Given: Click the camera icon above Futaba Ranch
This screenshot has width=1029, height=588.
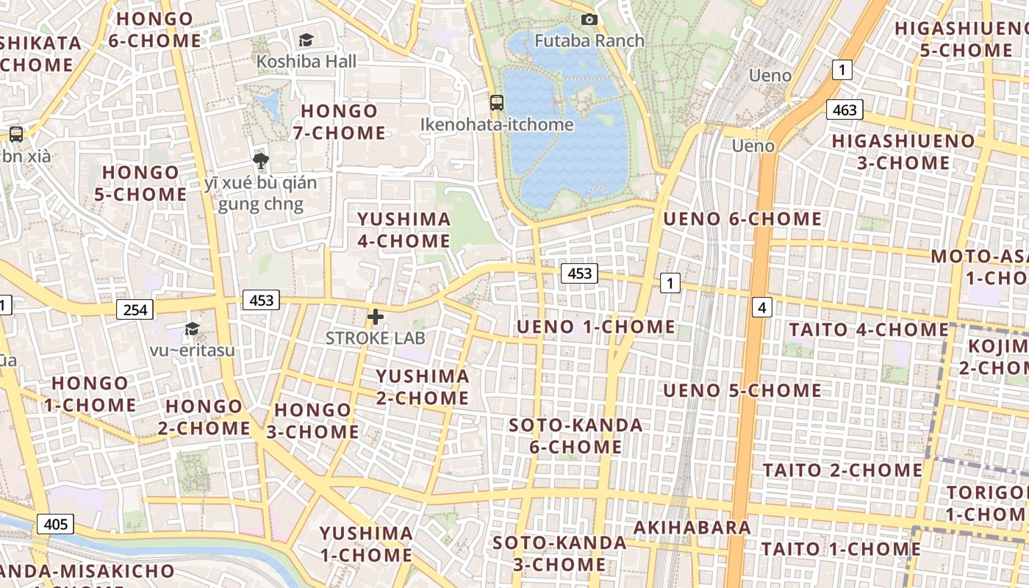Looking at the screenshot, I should tap(589, 20).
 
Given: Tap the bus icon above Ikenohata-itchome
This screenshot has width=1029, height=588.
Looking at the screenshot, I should tap(497, 102).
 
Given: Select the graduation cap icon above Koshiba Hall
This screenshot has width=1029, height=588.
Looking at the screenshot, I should tap(306, 40).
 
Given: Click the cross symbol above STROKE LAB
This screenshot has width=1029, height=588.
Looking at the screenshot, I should tap(376, 317).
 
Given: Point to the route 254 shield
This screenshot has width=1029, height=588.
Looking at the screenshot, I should tap(135, 309).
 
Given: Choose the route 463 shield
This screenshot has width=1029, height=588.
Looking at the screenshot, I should tap(845, 110).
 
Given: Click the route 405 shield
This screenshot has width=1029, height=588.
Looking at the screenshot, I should tap(55, 524).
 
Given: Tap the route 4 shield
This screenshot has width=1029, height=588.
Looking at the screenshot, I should tap(762, 307).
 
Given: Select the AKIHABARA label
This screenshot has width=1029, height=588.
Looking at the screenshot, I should tap(692, 527).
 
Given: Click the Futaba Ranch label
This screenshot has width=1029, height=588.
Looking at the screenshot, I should tap(589, 40).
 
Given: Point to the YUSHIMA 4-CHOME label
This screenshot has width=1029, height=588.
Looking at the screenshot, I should tap(404, 230).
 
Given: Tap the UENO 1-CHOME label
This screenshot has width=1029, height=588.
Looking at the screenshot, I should tap(595, 327).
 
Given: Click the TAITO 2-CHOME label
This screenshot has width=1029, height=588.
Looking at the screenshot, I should tap(842, 470).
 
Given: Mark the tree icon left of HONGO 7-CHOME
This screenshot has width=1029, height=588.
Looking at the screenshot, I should tap(259, 161).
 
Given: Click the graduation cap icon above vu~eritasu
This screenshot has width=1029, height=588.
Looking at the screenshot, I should tap(192, 329).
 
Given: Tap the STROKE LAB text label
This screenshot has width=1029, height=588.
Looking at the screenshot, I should tap(375, 338).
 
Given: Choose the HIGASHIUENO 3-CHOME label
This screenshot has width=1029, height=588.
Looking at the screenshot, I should tap(903, 151).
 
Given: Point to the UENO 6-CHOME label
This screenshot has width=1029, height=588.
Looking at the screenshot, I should tap(742, 219).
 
